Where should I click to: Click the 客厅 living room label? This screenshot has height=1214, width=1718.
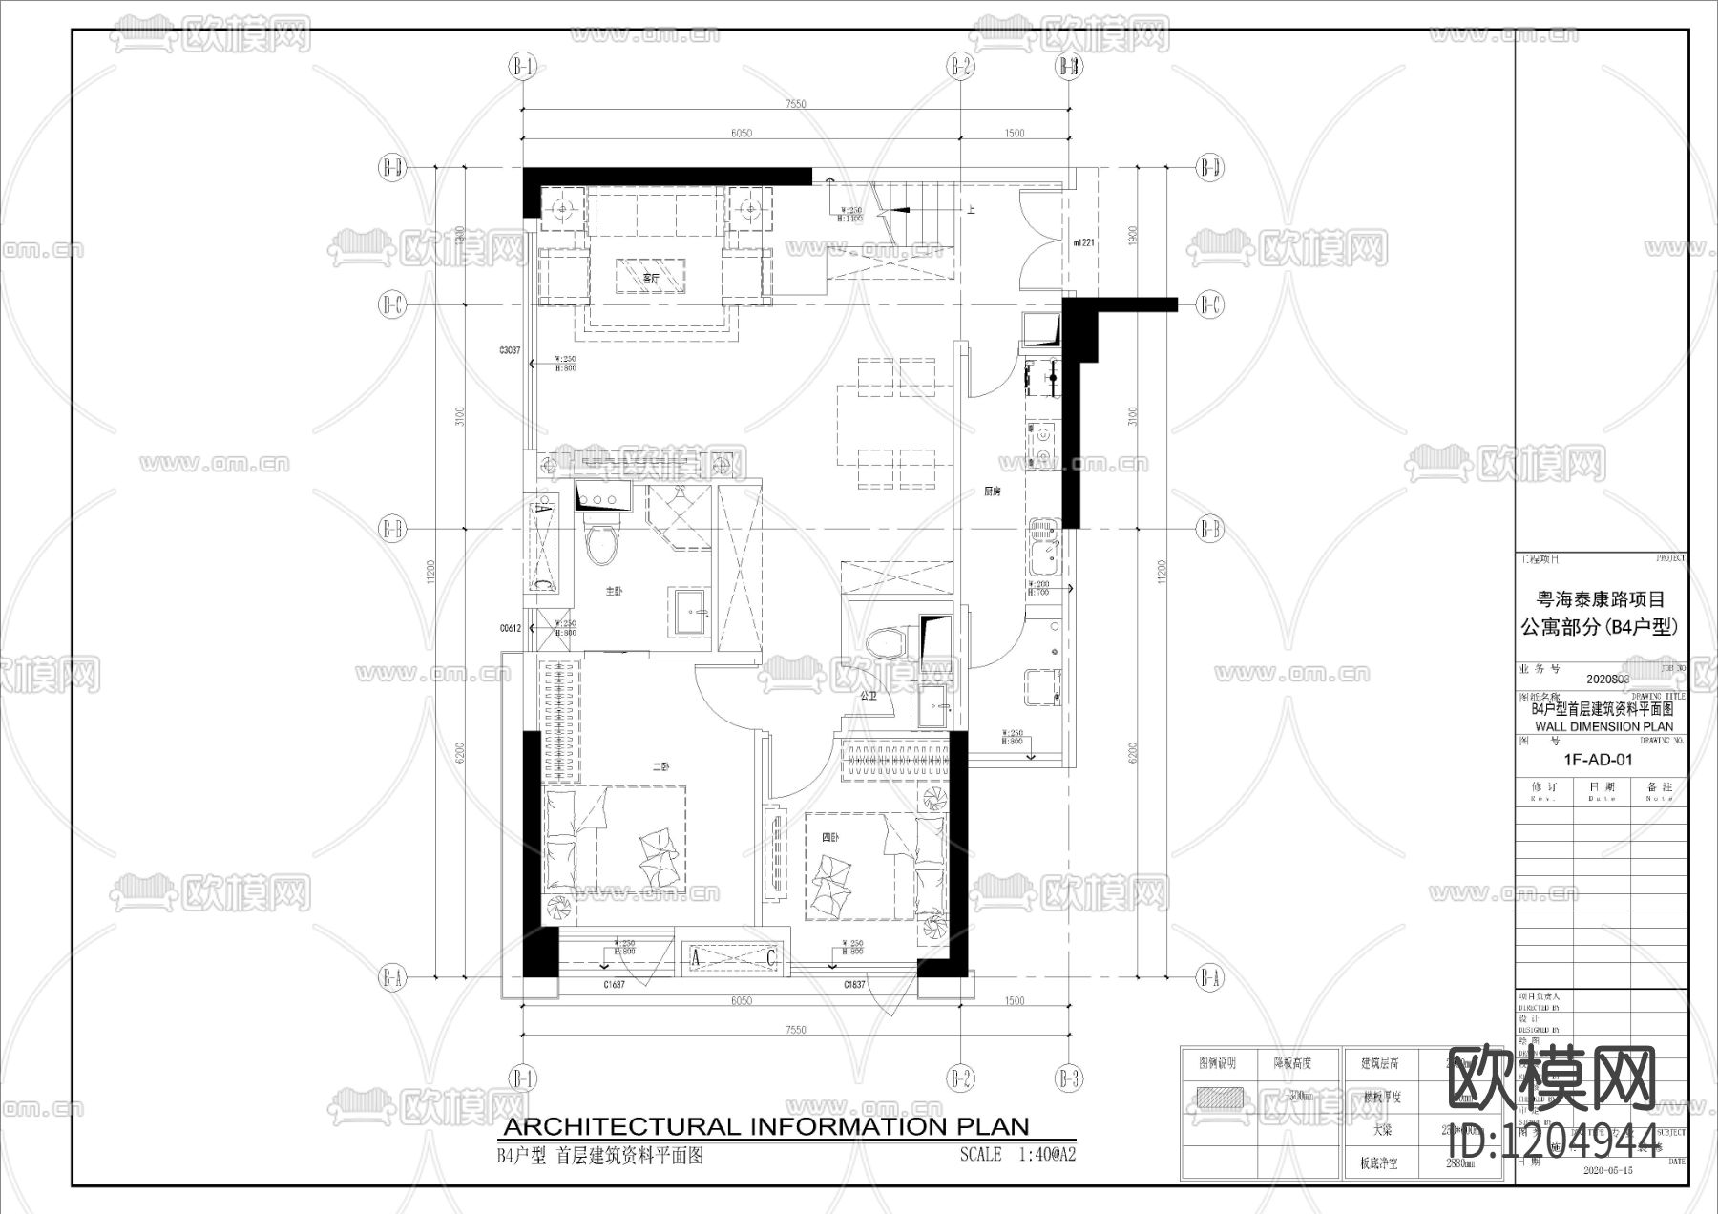pos(651,279)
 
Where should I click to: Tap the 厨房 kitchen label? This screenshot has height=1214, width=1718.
pos(993,492)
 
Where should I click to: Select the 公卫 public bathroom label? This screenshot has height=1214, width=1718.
pos(868,697)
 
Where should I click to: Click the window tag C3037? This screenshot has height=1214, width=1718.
pos(510,351)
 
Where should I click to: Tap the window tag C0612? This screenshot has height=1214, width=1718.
pos(510,629)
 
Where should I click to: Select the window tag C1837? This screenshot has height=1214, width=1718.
pos(854,984)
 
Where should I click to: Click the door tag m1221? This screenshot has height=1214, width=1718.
pos(1082,243)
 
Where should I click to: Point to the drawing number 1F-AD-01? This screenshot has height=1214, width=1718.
pos(1598,761)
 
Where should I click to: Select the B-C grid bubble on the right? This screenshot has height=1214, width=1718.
pos(1209,305)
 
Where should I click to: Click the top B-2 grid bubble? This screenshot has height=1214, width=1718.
pos(960,67)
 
